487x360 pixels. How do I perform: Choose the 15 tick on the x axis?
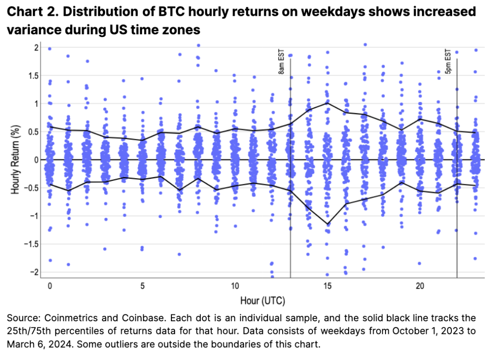[x=327, y=286]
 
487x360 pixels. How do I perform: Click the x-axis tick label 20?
[x=420, y=286]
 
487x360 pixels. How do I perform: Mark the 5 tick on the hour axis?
[x=142, y=286]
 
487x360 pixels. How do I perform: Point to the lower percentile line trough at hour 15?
[x=327, y=224]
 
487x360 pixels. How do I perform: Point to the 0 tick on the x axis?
[x=50, y=286]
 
